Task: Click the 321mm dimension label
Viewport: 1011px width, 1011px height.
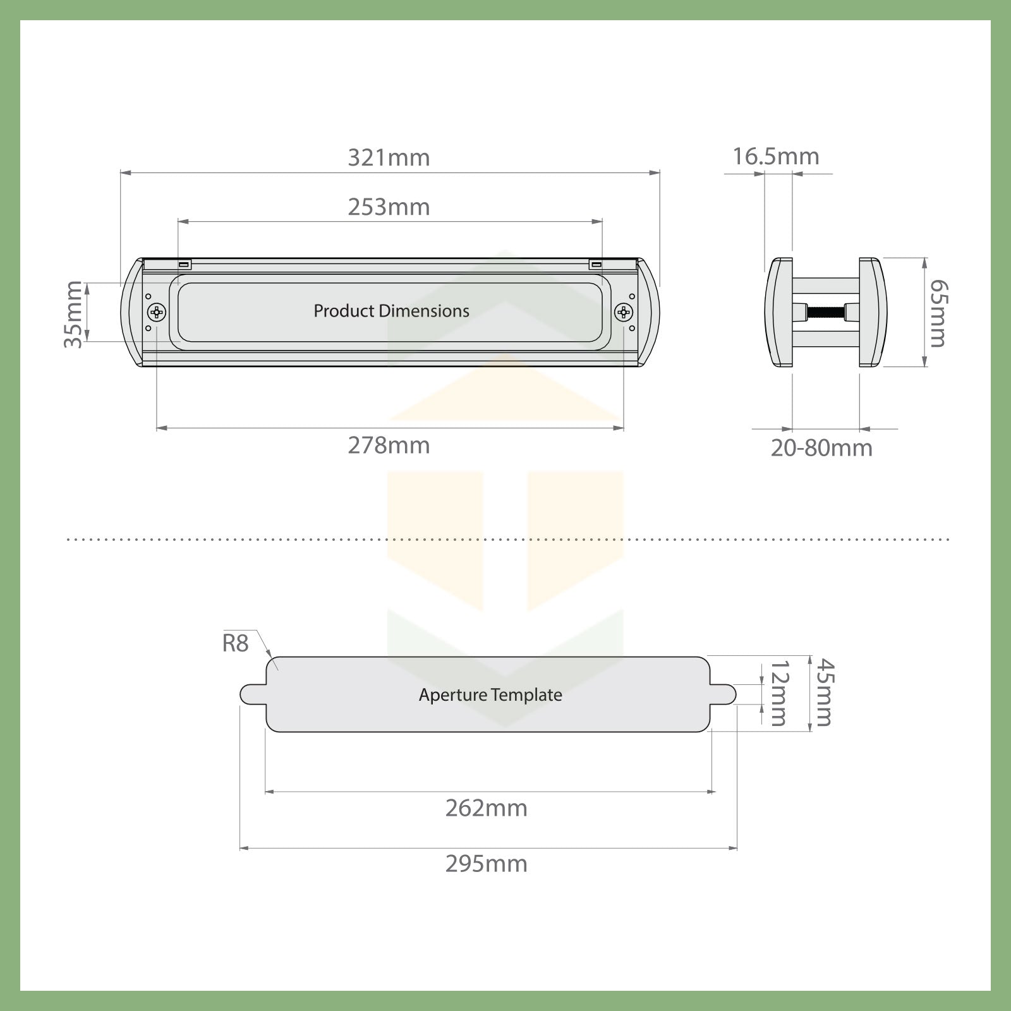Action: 389,157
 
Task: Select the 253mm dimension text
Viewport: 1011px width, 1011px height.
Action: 389,207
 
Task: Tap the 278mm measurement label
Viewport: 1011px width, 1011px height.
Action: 389,446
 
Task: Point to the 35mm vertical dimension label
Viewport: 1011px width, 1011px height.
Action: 73,314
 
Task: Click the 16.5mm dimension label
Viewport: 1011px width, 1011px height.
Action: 776,156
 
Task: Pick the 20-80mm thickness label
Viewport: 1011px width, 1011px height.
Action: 821,448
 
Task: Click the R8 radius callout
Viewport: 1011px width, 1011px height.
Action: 236,644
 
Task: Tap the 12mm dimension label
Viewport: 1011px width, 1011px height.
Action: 778,693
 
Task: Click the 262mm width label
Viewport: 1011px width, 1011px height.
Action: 486,808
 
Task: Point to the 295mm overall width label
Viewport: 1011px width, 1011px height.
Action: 486,864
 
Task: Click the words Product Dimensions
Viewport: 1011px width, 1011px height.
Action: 391,311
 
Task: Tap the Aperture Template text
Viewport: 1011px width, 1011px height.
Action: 490,695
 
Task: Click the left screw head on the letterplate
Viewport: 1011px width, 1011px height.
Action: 157,312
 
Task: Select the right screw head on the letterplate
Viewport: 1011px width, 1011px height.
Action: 624,312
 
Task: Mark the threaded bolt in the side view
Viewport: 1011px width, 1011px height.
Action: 826,312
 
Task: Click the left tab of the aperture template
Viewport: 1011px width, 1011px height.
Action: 252,694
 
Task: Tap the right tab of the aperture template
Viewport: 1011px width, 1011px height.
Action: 724,694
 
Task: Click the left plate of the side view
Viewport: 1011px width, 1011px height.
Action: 779,312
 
